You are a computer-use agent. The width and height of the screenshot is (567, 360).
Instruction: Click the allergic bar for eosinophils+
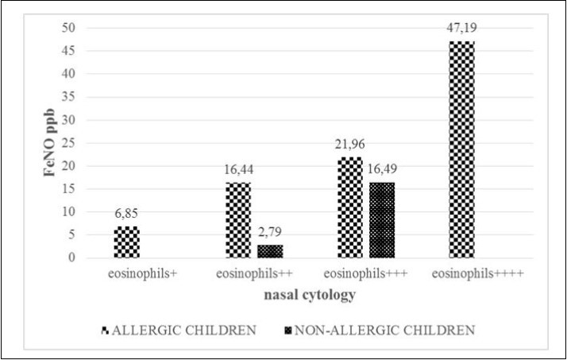point(127,242)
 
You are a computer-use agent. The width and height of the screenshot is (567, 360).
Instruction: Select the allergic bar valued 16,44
point(238,220)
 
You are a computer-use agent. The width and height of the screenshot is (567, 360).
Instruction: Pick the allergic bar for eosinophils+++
point(350,207)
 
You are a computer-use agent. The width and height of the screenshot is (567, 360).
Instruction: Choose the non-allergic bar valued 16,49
point(381,220)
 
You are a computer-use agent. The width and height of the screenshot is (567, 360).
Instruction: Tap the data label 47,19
point(461,28)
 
